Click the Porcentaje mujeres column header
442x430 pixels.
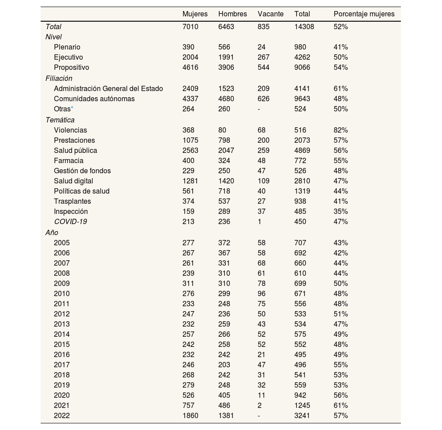[364, 14]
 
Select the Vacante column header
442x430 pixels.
[271, 14]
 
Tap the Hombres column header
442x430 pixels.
[232, 14]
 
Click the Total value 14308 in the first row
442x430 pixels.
[304, 27]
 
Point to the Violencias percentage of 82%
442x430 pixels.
[340, 130]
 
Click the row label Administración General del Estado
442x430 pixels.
[108, 89]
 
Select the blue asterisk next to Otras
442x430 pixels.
[72, 108]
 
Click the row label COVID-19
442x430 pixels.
[70, 222]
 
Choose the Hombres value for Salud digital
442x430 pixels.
[226, 181]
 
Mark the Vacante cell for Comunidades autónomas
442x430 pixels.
[263, 99]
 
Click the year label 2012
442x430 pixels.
[62, 314]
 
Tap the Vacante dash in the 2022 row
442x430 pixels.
[259, 416]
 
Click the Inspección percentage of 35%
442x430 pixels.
[340, 212]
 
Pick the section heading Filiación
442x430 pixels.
[59, 79]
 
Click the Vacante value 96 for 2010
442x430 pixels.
[262, 294]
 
